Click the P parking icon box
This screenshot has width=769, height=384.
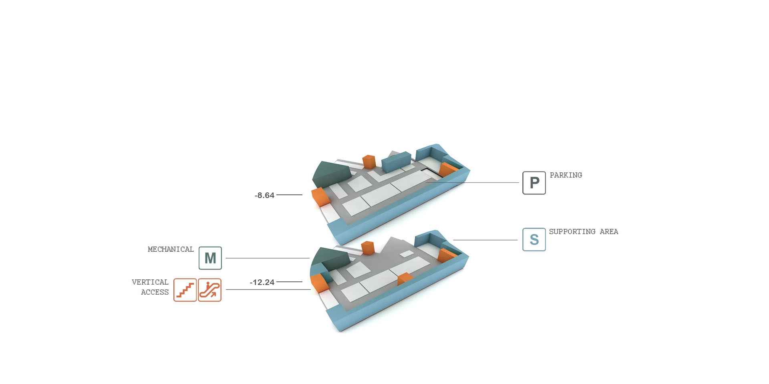[x=534, y=183]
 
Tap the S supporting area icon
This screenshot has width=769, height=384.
[x=534, y=239]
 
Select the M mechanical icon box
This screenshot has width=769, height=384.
[x=210, y=258]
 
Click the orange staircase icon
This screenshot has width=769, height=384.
[x=185, y=290]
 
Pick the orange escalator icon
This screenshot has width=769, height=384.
[x=209, y=290]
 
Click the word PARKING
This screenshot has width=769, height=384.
[x=566, y=175]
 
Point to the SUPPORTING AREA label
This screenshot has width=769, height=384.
[x=584, y=232]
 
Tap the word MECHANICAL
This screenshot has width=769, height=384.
[x=171, y=249]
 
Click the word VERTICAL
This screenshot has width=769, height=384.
[x=150, y=282]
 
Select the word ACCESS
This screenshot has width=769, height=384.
[x=155, y=292]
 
